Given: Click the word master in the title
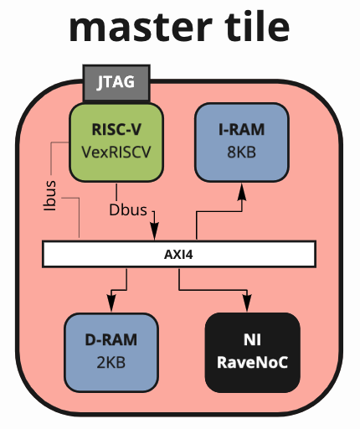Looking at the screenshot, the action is tap(141, 27).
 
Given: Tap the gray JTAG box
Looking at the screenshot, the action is tap(116, 83).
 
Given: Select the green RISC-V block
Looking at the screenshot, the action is tap(116, 142).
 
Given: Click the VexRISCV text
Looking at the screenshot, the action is tap(116, 152).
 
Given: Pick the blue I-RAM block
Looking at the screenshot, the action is tap(242, 142).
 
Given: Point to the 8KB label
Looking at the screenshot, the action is tap(241, 152).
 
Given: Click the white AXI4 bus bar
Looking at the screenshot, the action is tap(179, 254).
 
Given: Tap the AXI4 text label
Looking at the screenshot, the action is tap(178, 255).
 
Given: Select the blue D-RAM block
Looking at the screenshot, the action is tap(111, 353).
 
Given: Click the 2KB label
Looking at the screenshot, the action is tap(111, 363).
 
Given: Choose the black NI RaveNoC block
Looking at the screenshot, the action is tap(253, 353).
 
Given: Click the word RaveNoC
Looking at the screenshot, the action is tap(252, 363).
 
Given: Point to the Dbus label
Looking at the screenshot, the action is tap(128, 210).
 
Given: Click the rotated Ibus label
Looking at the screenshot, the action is tap(50, 195).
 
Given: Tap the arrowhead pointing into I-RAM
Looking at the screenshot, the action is tap(242, 192).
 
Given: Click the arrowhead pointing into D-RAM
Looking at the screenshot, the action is tap(111, 302).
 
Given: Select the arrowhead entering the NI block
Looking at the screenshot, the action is tap(247, 302).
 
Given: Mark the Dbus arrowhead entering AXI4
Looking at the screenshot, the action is tap(154, 231).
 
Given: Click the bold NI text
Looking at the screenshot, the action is tap(252, 340).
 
